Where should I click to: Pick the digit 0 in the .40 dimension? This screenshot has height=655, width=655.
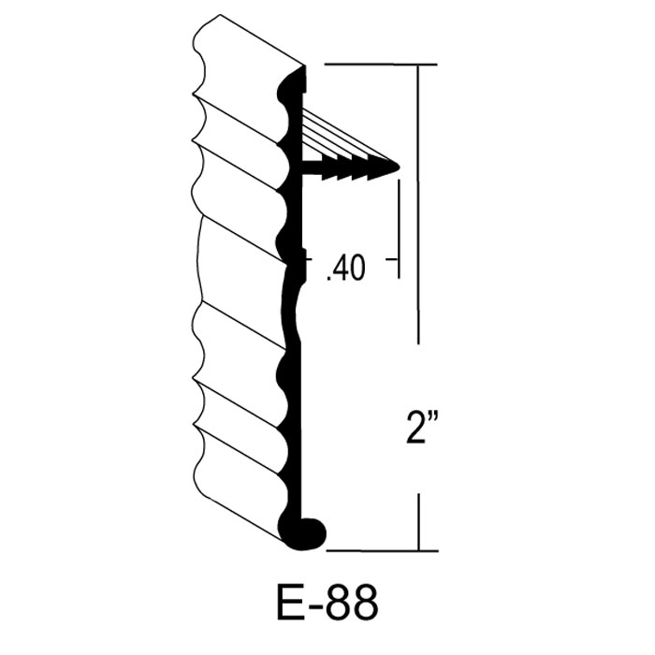357,268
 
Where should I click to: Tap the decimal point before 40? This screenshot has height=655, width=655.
327,277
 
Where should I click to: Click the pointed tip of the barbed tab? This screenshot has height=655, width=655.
399,167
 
